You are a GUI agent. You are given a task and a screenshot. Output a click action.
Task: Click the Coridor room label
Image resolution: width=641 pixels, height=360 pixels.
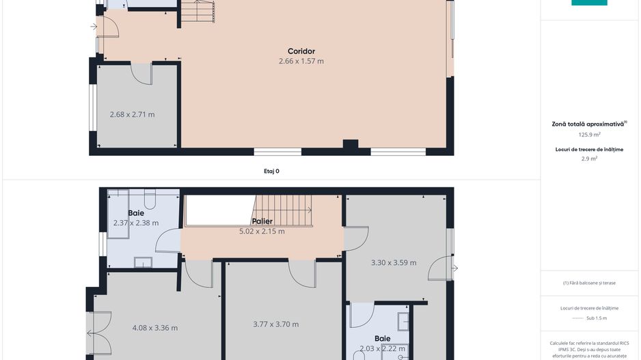coord(301,51)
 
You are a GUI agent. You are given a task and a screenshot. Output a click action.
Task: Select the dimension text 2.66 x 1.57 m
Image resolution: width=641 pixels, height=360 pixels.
coord(301,61)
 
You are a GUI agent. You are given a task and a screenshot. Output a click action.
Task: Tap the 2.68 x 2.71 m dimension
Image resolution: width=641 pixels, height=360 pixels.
coord(132,114)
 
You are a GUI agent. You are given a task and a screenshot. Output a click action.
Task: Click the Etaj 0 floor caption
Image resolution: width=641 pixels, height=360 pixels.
coord(272,171)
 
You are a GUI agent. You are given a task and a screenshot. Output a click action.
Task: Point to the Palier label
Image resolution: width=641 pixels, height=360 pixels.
coord(262,221)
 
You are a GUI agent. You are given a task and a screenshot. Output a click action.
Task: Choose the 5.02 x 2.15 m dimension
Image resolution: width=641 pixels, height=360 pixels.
coord(262,231)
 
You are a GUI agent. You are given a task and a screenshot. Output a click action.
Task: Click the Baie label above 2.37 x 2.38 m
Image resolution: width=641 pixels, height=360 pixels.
coord(136,213)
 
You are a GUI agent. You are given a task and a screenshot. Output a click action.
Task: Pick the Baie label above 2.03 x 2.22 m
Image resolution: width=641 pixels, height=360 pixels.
coord(383,338)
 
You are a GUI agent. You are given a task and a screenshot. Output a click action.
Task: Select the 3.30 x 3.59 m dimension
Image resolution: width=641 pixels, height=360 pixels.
coord(394,262)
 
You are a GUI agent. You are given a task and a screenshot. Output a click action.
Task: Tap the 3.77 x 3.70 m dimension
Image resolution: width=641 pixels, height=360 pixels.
coord(275,324)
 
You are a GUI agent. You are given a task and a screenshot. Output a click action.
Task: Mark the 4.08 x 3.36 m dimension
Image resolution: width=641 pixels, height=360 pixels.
coord(154,328)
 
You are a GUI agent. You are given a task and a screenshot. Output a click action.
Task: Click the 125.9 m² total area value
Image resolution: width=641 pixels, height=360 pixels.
coord(589,135)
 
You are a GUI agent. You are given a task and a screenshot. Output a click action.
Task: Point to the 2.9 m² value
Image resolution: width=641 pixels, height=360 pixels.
coord(589,158)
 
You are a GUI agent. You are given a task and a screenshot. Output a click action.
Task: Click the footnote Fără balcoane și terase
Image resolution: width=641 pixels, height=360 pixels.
coord(589,282)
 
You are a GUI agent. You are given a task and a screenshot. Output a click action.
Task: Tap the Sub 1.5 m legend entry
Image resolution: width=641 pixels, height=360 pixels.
coord(596,318)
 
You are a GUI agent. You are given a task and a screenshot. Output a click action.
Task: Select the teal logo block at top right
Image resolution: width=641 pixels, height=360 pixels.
coord(589,3)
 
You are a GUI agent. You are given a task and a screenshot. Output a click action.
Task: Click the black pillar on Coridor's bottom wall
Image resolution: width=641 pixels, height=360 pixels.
coord(351,145)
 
